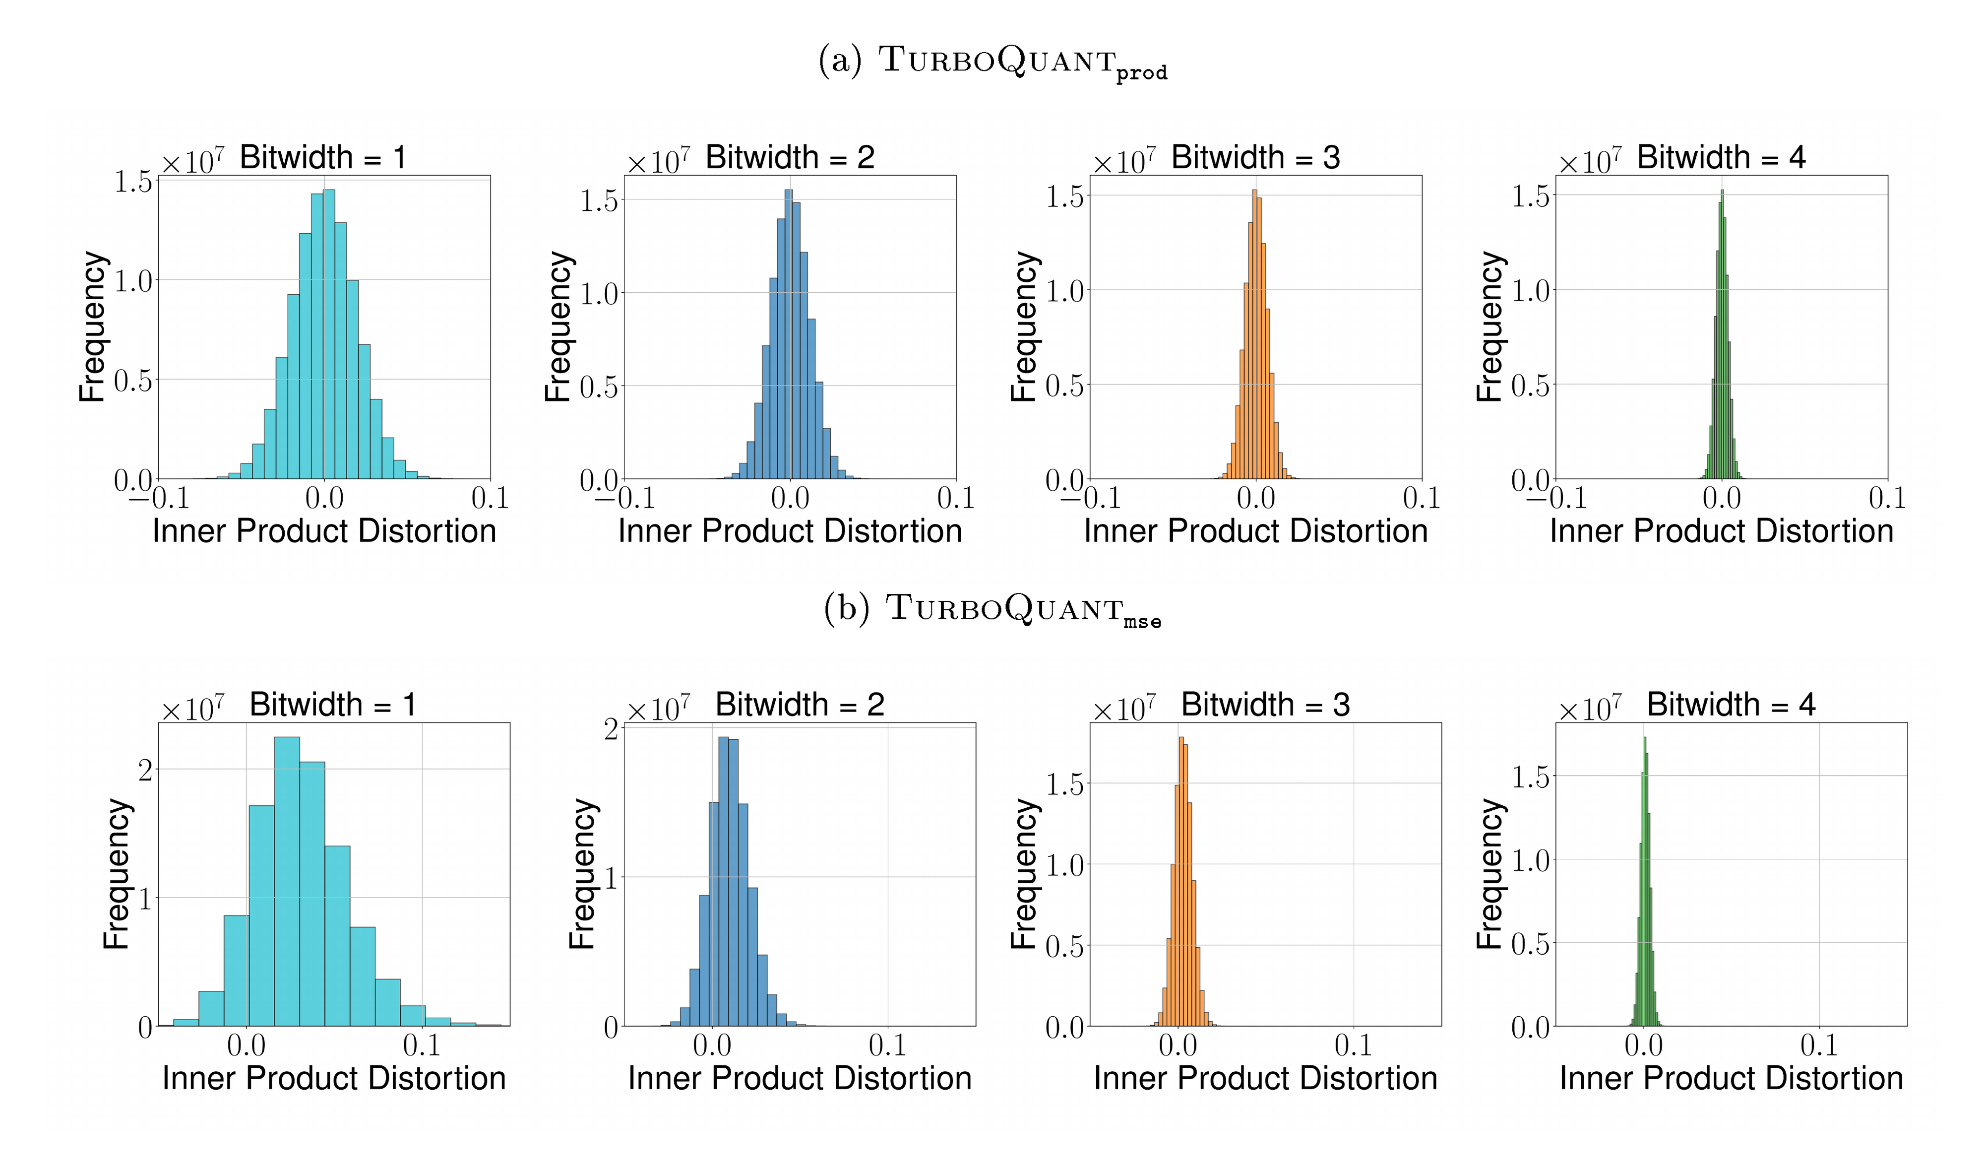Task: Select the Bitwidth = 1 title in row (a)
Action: (x=323, y=157)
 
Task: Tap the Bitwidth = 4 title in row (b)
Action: (x=1731, y=704)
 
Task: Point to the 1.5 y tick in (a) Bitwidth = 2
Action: (x=599, y=201)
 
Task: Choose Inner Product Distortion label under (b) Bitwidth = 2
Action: (x=800, y=1078)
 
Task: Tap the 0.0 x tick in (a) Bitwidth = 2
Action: (x=790, y=499)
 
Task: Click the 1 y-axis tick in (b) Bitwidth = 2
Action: (x=610, y=877)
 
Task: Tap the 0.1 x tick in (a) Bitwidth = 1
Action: (x=490, y=499)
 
